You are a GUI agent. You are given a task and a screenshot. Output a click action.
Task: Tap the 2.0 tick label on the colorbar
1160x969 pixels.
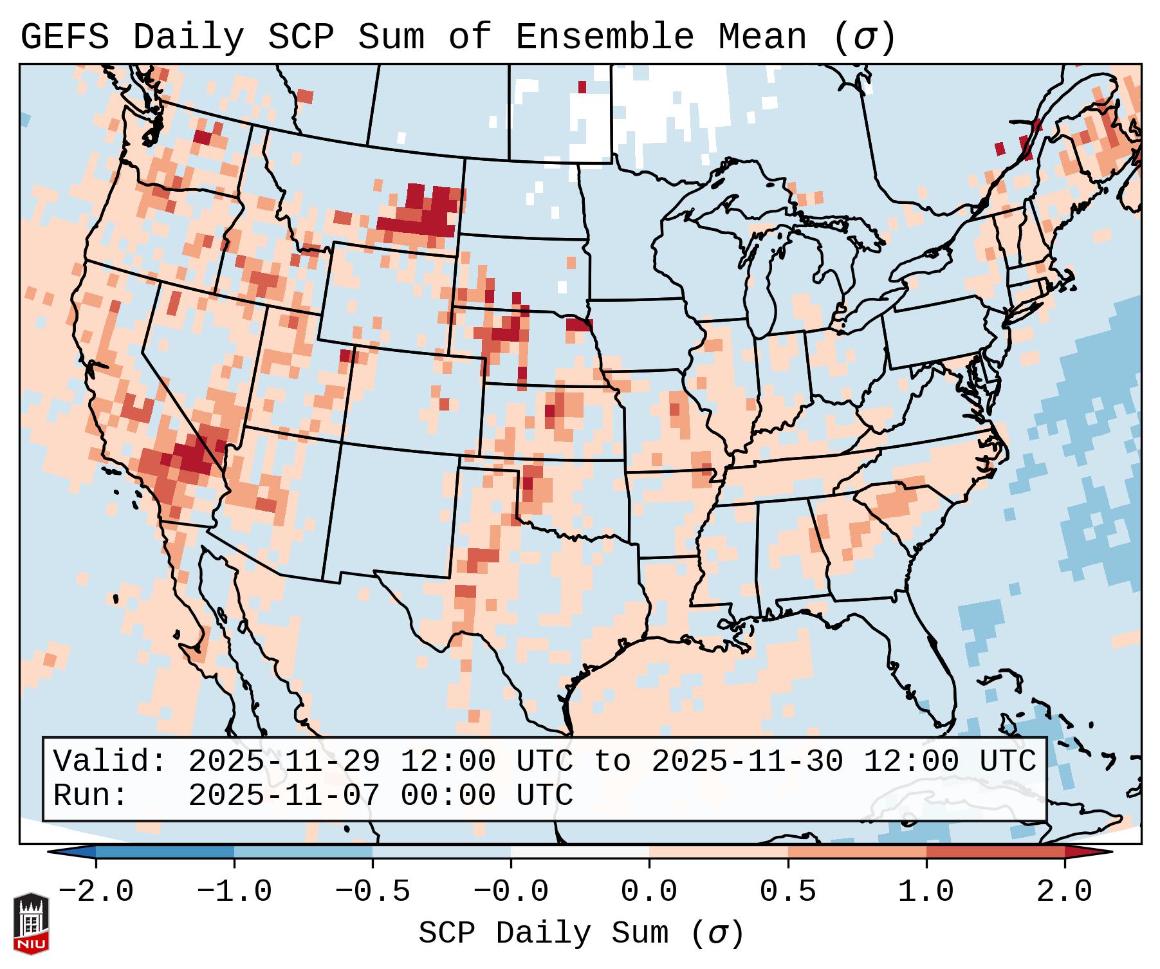(1064, 892)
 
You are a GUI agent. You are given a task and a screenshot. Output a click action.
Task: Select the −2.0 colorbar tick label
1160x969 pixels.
(96, 892)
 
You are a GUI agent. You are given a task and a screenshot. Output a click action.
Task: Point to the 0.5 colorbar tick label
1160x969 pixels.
(787, 892)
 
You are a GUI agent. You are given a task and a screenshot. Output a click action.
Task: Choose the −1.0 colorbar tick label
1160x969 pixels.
(234, 892)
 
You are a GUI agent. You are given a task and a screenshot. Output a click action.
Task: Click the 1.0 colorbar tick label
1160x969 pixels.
(926, 892)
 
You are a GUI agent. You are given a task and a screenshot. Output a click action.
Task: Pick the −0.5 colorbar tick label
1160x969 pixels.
(373, 892)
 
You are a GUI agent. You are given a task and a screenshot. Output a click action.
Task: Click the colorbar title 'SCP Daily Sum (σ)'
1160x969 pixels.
(581, 934)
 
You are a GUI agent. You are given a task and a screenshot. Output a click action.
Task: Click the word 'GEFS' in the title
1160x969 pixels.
(64, 37)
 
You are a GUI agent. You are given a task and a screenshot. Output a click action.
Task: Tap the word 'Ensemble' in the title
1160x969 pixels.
(605, 37)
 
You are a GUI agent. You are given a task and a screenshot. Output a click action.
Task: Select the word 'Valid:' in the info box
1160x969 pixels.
(110, 762)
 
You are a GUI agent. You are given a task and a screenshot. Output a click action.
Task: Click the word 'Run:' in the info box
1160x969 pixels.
(91, 796)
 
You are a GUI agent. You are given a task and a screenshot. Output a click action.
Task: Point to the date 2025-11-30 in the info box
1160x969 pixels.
(747, 762)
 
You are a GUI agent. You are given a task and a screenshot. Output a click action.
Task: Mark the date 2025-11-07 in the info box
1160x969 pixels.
(284, 796)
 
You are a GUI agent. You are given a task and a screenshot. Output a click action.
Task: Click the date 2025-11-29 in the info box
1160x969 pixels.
(284, 762)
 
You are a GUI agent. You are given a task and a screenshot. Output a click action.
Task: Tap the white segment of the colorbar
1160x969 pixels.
(580, 852)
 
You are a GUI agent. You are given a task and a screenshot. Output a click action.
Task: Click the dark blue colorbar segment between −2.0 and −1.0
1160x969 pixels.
(165, 852)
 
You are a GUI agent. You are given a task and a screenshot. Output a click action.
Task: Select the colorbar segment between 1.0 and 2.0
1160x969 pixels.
(995, 852)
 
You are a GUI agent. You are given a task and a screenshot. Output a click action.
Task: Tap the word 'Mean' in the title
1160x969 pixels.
(762, 37)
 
